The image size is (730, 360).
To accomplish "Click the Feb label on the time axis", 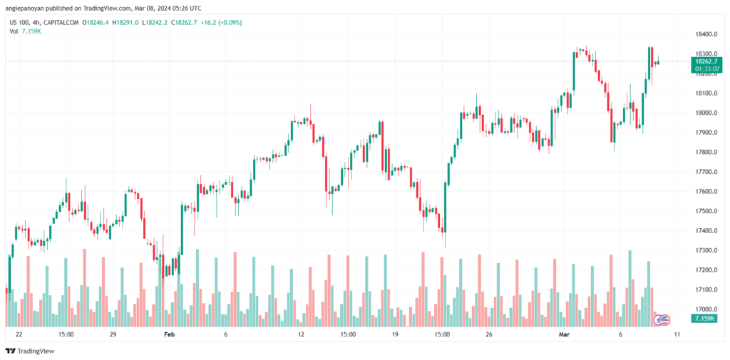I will (169, 334).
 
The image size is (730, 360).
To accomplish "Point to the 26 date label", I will (488, 334).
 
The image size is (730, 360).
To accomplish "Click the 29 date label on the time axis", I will (112, 334).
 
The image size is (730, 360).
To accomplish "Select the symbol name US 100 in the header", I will (19, 22).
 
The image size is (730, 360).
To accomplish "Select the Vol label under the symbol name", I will (14, 31).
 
